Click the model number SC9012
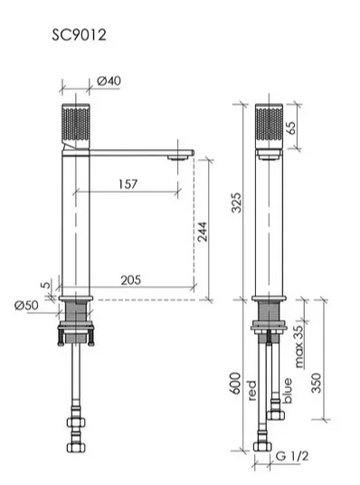coord(79,34)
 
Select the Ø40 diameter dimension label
coord(109,81)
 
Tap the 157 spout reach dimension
coord(128,184)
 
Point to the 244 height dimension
coord(202,232)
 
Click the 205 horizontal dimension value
coord(130,281)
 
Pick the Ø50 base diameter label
coord(26,305)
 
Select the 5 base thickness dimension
coord(46,284)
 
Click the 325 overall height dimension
coord(236,203)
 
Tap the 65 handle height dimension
coord(290,128)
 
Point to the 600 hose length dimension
coord(235,384)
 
